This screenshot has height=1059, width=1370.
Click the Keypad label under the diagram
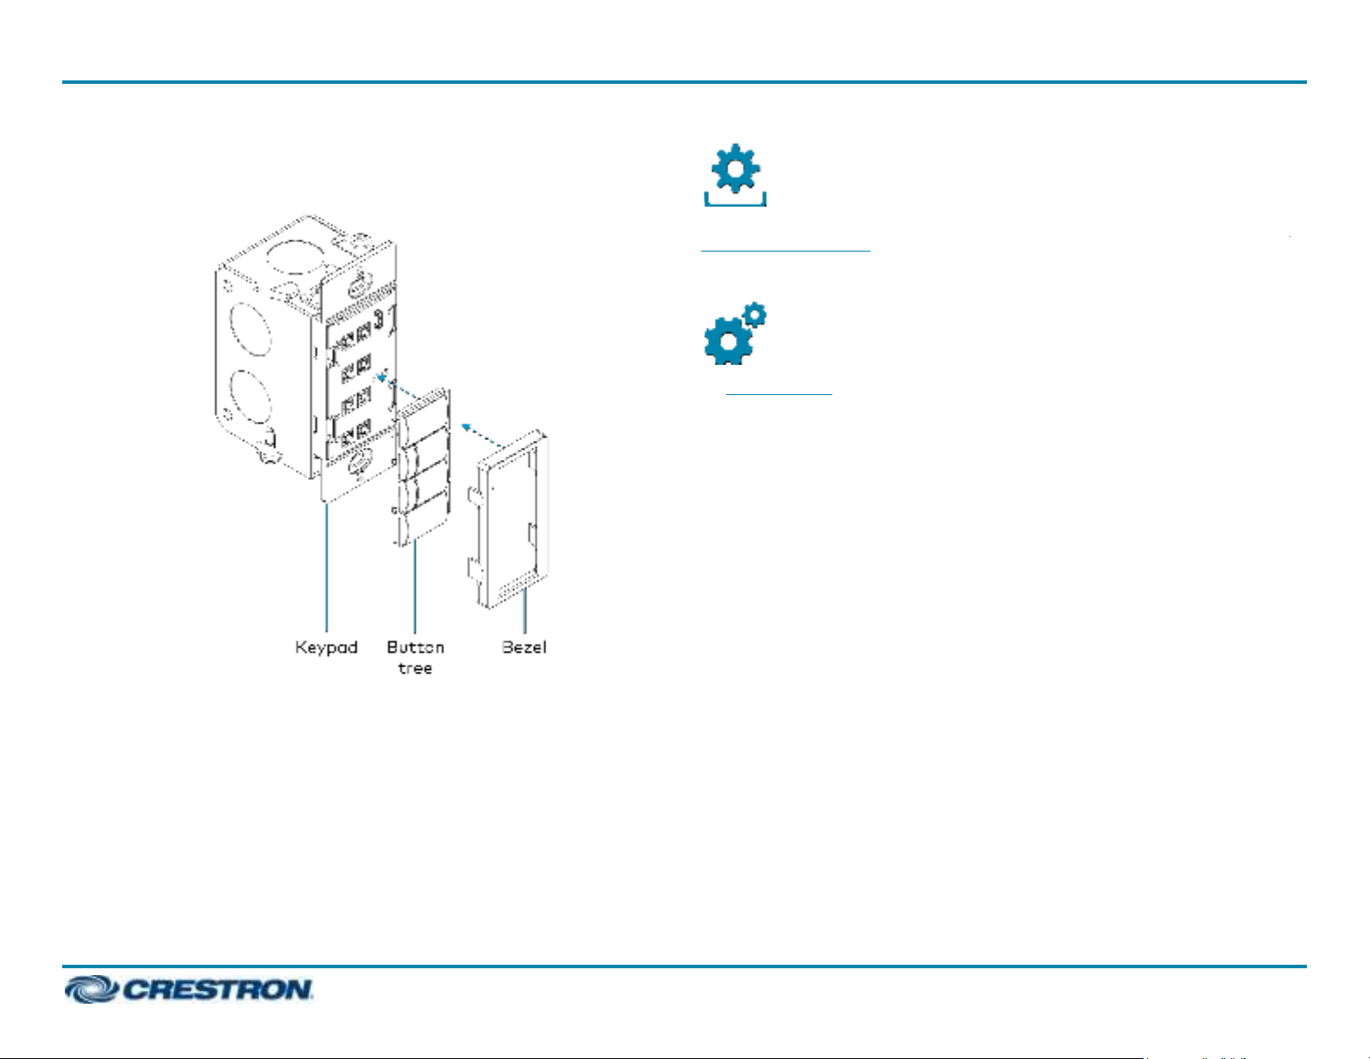point(326,648)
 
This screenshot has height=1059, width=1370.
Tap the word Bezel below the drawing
point(524,648)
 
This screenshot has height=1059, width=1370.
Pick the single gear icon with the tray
point(735,176)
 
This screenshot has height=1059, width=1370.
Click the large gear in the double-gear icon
point(727,341)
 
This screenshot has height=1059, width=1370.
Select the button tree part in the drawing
point(424,467)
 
